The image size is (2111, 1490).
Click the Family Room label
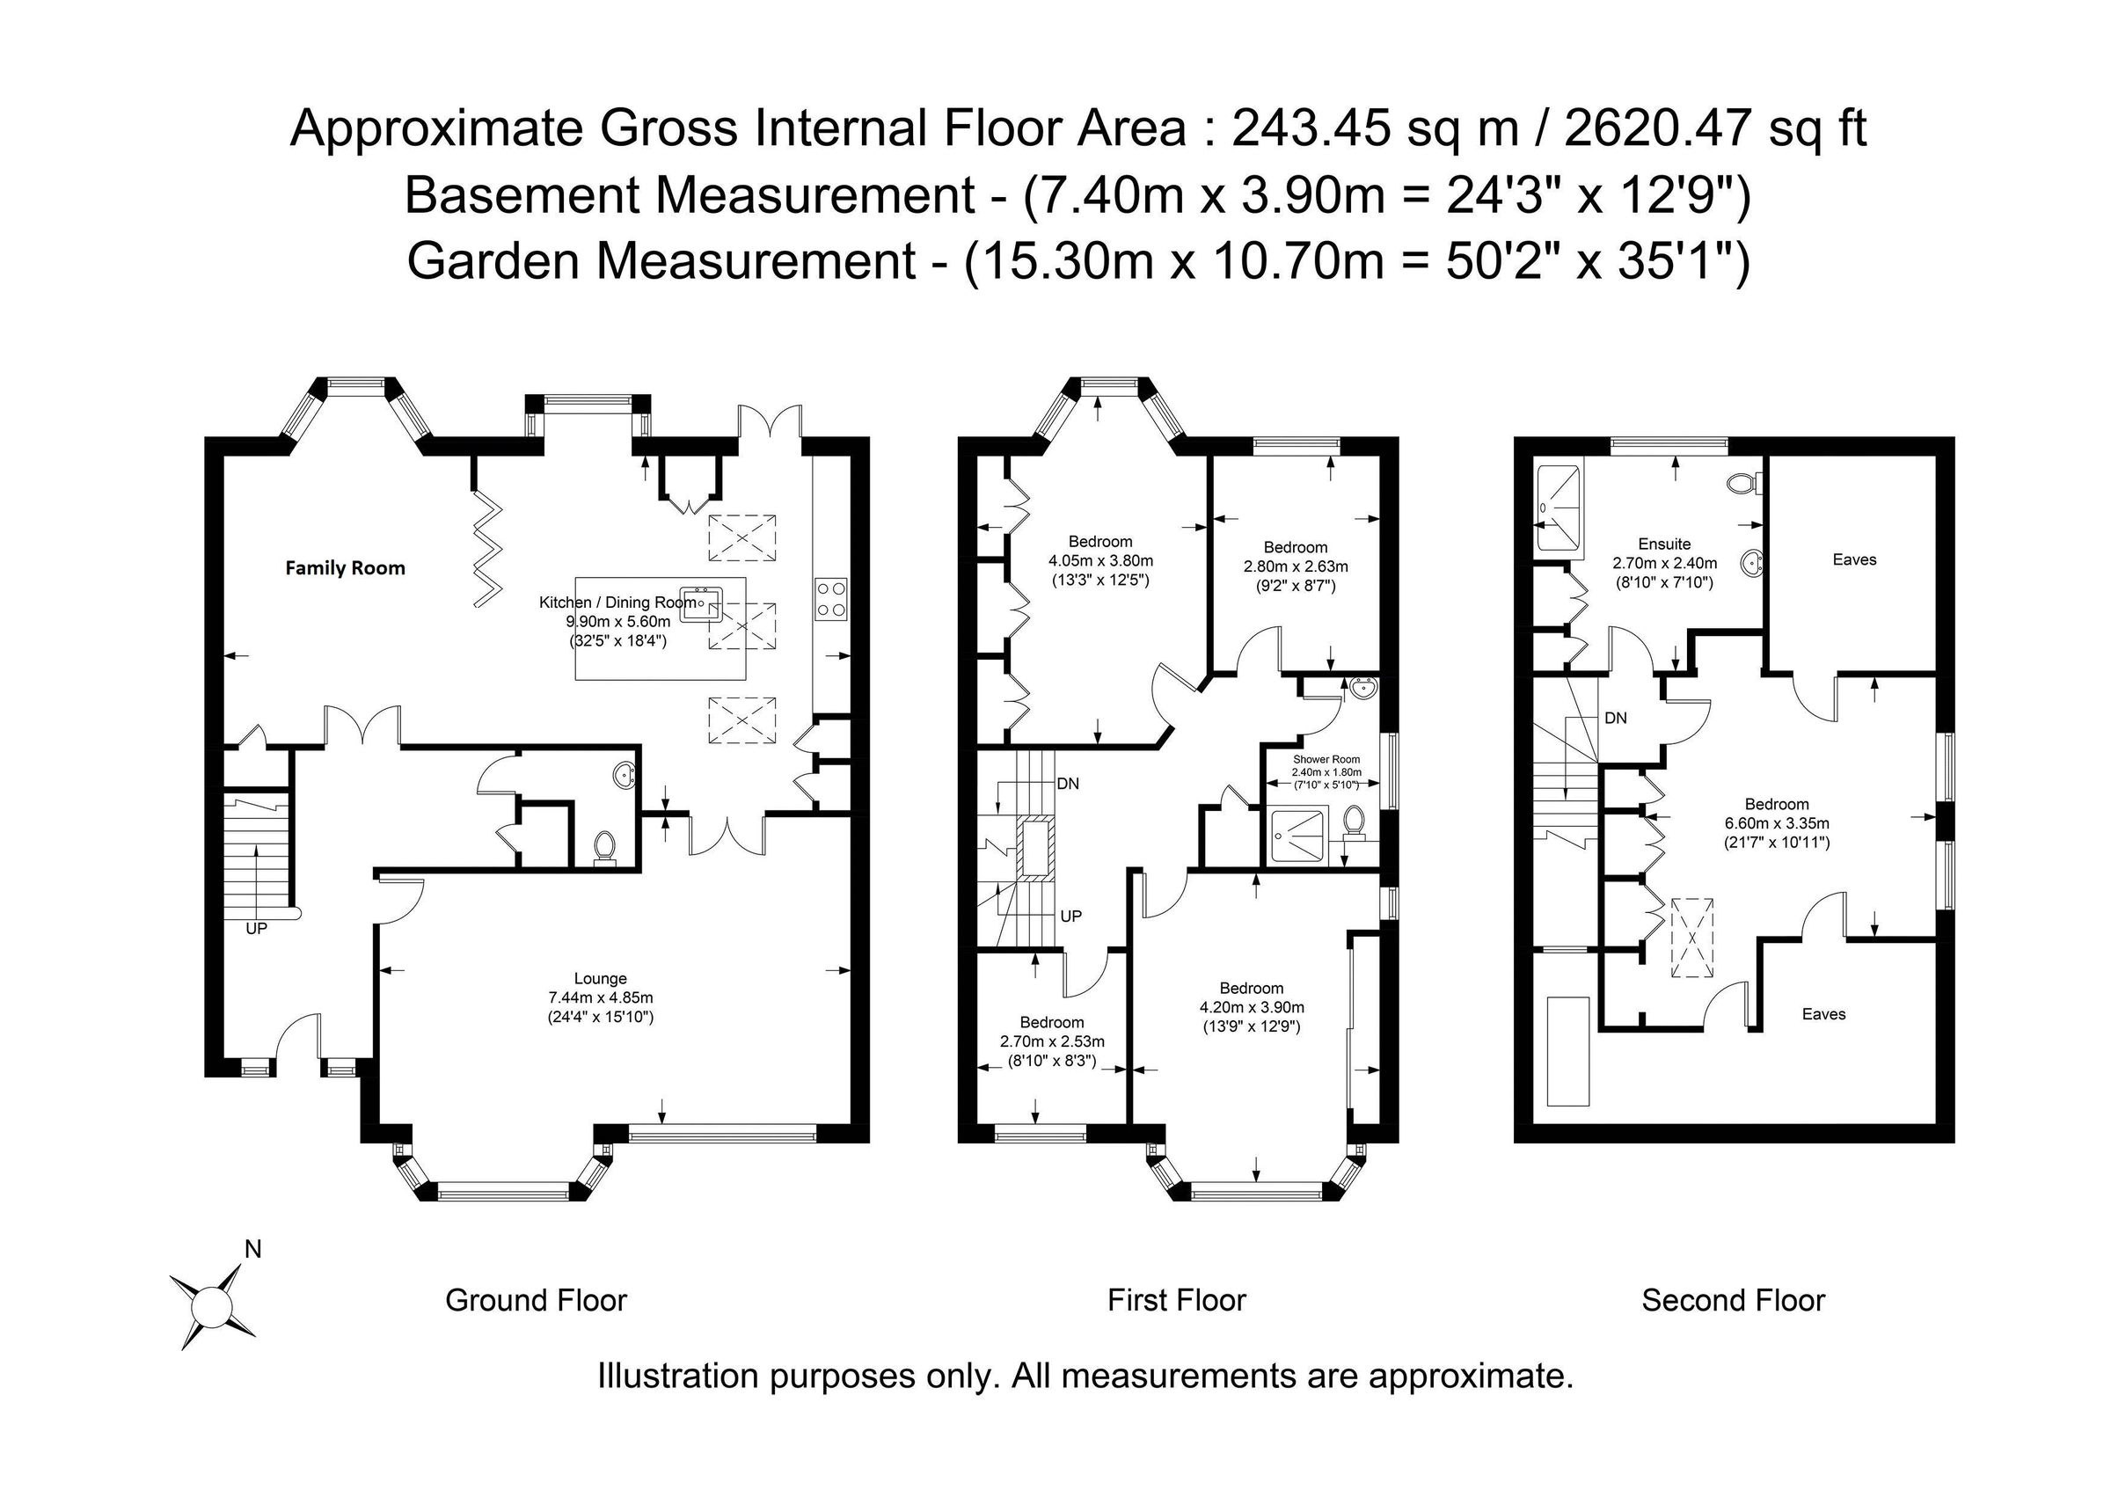click(x=345, y=568)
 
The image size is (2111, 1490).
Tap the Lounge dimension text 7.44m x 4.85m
click(x=601, y=997)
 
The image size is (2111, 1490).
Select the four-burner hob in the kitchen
click(x=831, y=597)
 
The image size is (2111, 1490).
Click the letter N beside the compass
click(x=252, y=1250)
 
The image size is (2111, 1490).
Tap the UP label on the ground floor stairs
click(x=256, y=930)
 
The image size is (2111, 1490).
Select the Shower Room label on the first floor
click(x=1326, y=759)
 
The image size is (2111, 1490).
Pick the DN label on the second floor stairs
click(x=1616, y=718)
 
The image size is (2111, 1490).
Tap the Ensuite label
click(x=1664, y=544)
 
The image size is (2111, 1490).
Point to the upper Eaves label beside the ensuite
click(x=1853, y=559)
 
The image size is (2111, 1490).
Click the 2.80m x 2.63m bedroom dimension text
click(x=1296, y=566)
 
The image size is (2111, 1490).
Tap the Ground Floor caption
click(x=536, y=1301)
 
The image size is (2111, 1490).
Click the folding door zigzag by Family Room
click(x=490, y=549)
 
